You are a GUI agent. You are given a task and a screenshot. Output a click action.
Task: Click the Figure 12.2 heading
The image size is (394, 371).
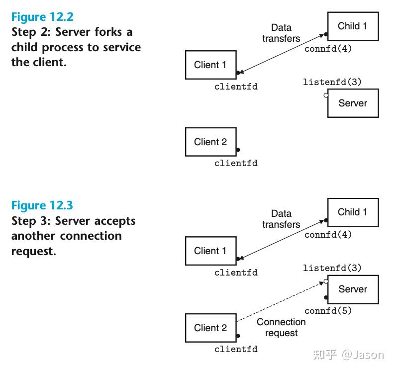coord(42,17)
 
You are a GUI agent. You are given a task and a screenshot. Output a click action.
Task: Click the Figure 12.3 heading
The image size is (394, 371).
coord(42,205)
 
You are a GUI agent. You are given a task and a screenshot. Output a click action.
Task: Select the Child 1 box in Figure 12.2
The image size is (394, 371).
coord(353,26)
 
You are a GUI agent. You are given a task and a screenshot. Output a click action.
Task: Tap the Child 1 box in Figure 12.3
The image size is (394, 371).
coord(353,212)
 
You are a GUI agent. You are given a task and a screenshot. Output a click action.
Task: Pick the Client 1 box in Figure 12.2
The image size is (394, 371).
coord(210,65)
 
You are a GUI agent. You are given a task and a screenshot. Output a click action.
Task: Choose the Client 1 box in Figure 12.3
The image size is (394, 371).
coord(210,251)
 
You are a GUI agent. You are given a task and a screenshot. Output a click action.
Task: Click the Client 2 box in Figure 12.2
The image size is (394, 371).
coord(210,142)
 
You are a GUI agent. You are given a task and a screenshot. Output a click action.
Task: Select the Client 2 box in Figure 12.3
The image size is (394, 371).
coord(210,328)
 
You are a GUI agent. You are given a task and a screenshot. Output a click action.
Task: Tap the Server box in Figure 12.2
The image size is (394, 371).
coord(353,103)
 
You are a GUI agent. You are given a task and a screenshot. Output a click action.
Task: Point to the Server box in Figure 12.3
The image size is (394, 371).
coord(353,289)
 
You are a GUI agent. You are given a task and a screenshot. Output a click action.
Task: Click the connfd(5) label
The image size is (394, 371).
coord(328,311)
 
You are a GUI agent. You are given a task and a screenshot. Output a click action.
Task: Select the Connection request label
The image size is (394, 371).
coord(281,327)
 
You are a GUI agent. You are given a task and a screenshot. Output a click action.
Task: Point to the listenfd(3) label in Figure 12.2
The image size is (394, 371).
coord(332,82)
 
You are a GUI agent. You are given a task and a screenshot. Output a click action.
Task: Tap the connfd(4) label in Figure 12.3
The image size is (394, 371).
coord(328,235)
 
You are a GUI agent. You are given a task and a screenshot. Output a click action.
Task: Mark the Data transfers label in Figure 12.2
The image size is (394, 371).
coord(281,33)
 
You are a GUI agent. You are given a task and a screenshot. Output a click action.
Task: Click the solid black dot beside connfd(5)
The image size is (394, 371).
coord(326,298)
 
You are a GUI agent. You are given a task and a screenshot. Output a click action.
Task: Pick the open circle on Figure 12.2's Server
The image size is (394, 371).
coord(326,94)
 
